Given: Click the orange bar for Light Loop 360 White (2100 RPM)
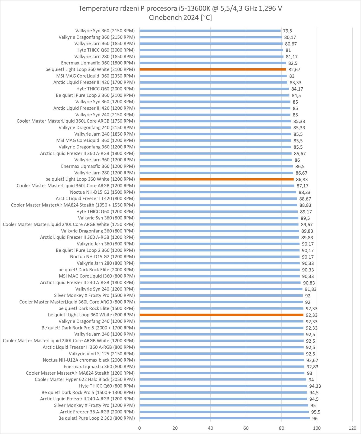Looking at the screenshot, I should click(x=213, y=69).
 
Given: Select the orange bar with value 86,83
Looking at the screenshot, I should click(x=216, y=179).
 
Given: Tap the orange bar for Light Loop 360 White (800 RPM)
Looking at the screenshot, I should click(x=221, y=315).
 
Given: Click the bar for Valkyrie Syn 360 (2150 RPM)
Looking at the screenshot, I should click(x=210, y=31).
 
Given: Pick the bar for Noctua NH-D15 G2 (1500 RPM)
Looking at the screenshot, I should click(x=218, y=192).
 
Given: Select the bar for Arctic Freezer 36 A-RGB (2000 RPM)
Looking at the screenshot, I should click(x=224, y=412).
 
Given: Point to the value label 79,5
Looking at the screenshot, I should click(x=287, y=31).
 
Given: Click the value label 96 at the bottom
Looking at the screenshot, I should click(x=315, y=419).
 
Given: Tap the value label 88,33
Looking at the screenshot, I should click(x=304, y=192).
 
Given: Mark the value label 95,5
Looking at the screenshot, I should click(x=316, y=412).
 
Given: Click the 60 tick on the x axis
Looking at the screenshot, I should click(x=246, y=428).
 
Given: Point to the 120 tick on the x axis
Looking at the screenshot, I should click(x=352, y=428).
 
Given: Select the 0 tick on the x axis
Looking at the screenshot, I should click(x=139, y=428).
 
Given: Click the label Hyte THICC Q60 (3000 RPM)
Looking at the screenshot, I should click(x=105, y=50).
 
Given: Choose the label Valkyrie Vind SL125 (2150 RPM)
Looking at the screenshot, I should click(x=102, y=354).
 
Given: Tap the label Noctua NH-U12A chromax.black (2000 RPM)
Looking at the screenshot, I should click(x=89, y=360).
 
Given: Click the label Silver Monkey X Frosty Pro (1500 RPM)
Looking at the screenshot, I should click(x=94, y=295).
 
